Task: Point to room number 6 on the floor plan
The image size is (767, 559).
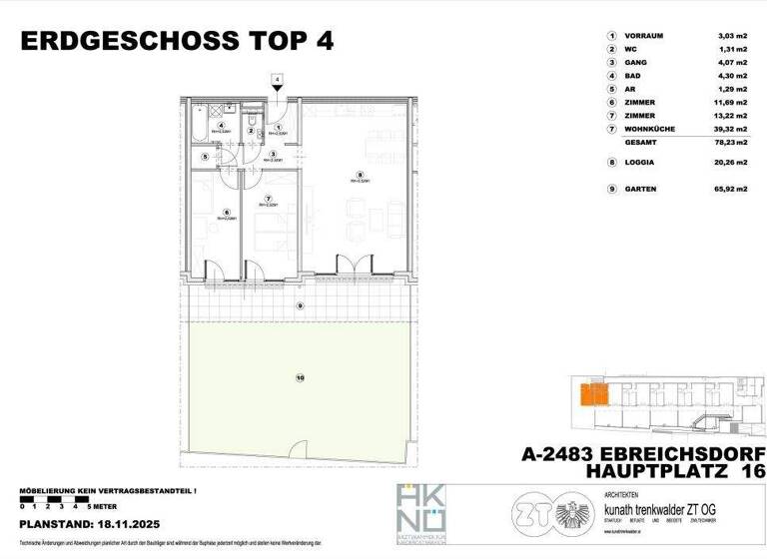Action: tap(227, 211)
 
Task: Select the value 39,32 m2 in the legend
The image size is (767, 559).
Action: tap(731, 128)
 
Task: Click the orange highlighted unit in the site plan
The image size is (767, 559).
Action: tap(593, 393)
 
